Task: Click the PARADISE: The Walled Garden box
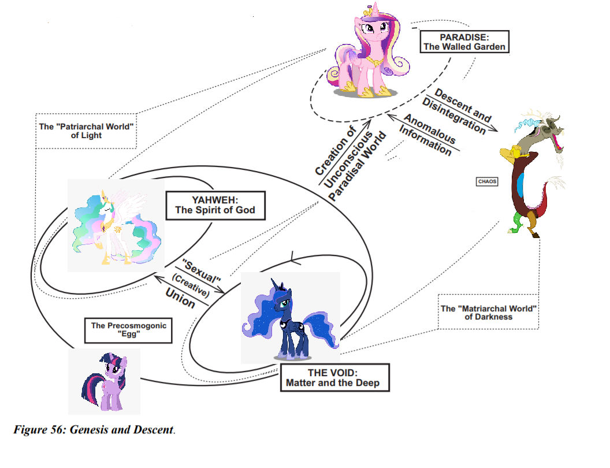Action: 464,42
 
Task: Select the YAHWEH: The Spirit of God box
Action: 214,205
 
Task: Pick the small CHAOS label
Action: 487,181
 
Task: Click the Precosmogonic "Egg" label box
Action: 128,329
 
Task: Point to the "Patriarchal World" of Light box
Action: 87,131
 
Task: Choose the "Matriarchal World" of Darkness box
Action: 489,313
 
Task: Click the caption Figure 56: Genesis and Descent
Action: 94,430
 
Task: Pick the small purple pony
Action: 107,381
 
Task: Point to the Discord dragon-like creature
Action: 531,173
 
